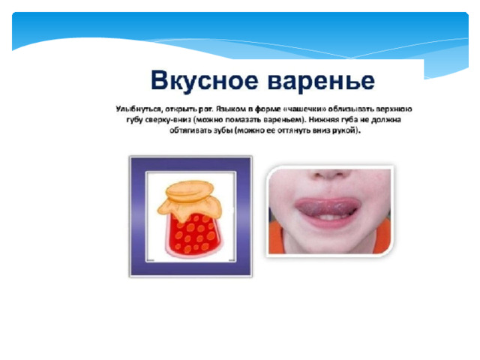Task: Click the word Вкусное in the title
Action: [x=204, y=80]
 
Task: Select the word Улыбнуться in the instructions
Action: [x=138, y=109]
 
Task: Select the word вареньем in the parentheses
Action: [x=283, y=120]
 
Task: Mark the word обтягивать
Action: [x=190, y=130]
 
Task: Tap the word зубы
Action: [x=223, y=130]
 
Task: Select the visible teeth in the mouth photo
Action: [x=327, y=217]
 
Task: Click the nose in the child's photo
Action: [x=329, y=175]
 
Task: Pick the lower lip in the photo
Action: [x=330, y=223]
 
